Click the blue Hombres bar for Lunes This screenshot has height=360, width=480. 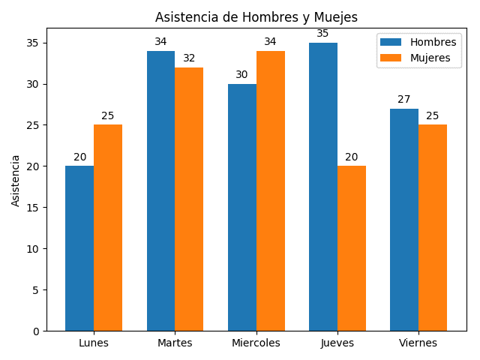[79, 248]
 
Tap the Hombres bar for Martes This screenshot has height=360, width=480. [160, 190]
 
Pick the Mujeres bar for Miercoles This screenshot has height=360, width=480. [271, 190]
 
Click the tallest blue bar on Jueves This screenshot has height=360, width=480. [323, 187]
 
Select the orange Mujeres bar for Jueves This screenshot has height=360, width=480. [352, 248]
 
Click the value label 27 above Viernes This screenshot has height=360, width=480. [404, 100]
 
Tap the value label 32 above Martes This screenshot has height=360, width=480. [189, 58]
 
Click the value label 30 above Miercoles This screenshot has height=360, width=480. [241, 75]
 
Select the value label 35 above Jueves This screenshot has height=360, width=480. [322, 34]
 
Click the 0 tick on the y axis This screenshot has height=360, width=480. [36, 331]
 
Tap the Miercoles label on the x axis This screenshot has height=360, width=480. [256, 343]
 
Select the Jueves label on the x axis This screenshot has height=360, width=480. [337, 343]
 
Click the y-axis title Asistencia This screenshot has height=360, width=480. [16, 180]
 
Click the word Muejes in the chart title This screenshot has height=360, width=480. [334, 17]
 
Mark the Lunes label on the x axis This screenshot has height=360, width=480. [94, 343]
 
